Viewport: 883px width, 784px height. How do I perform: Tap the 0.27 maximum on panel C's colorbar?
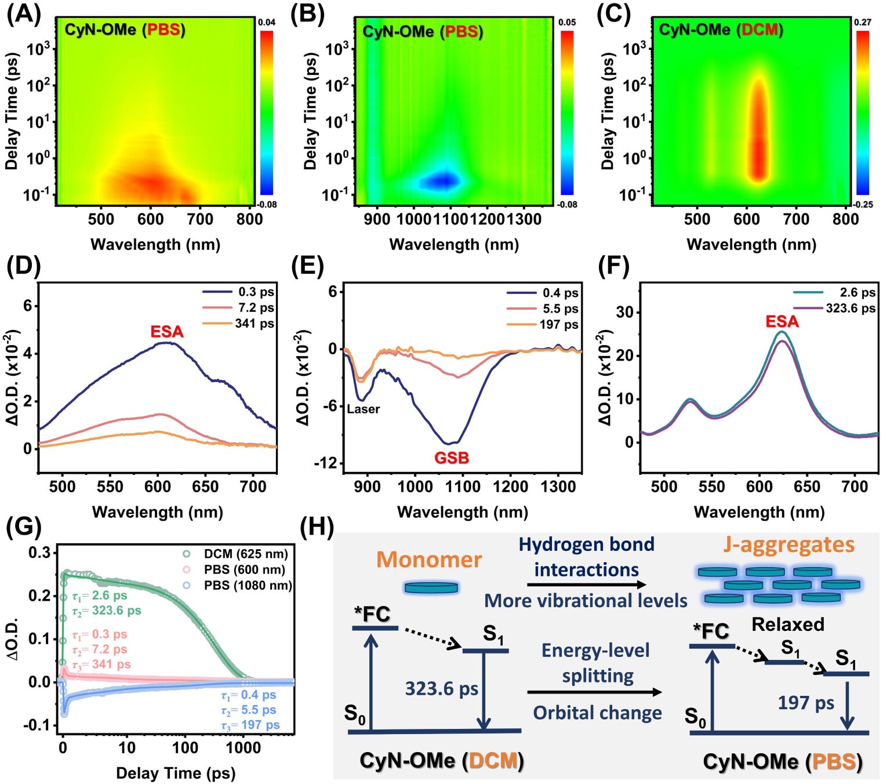[x=862, y=23]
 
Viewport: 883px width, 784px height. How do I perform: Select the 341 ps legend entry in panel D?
[x=254, y=324]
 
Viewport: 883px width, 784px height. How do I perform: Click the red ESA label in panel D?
[x=167, y=332]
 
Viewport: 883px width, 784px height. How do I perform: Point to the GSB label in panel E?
[x=451, y=458]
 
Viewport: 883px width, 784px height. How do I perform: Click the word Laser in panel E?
[x=364, y=409]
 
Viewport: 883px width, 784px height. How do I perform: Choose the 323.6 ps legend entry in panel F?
[x=850, y=308]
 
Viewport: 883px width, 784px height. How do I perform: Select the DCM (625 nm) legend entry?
[x=245, y=554]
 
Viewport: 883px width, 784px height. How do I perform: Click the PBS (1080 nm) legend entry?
[x=248, y=586]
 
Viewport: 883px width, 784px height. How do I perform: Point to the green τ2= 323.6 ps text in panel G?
[x=107, y=611]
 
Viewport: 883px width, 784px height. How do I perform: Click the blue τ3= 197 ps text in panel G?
[x=250, y=725]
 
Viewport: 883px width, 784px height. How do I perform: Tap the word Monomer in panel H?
[x=429, y=560]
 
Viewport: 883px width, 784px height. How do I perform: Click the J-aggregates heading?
[x=788, y=545]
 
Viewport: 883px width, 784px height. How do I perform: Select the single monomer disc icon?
[x=431, y=588]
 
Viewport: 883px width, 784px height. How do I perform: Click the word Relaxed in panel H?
[x=788, y=624]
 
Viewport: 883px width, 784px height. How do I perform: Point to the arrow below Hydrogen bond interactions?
[x=586, y=585]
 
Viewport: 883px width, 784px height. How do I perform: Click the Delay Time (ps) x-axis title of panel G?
[x=175, y=773]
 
